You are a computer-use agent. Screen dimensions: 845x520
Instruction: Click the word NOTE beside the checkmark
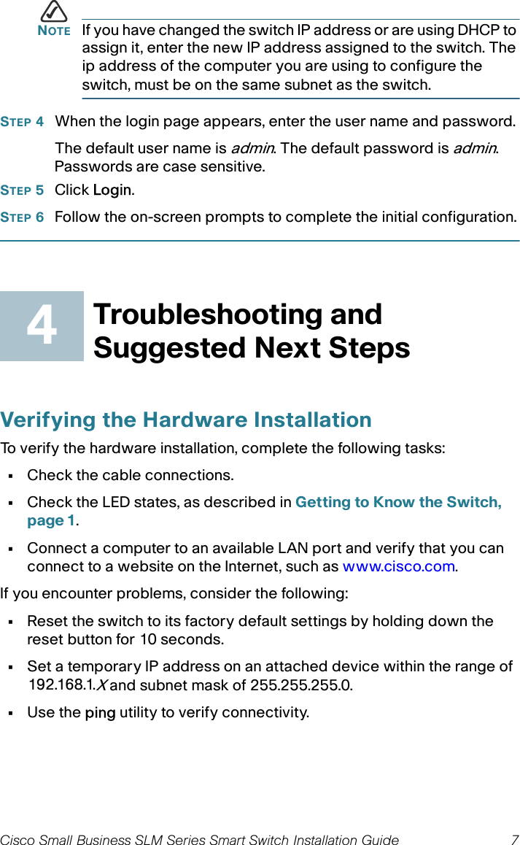click(x=53, y=31)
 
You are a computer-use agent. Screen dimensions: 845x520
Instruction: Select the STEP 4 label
click(x=22, y=121)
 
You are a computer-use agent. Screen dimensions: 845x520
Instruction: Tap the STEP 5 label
click(x=22, y=190)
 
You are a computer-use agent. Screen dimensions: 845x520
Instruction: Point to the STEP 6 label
click(x=22, y=217)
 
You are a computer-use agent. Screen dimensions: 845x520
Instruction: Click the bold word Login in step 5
click(x=112, y=190)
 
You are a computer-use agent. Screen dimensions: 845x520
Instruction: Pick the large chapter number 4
click(x=42, y=326)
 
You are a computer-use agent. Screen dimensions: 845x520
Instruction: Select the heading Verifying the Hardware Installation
click(x=186, y=420)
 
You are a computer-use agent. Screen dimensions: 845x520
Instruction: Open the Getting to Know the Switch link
click(x=397, y=502)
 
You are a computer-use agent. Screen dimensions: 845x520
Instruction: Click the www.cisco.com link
click(x=398, y=566)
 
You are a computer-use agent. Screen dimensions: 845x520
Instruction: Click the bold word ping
click(x=100, y=712)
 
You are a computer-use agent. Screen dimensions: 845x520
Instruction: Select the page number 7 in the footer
click(x=514, y=840)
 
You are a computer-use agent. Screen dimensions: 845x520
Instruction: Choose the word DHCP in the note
click(x=474, y=31)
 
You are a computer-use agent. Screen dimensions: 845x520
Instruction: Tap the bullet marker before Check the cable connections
click(x=11, y=476)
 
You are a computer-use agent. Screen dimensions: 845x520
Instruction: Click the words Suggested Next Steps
click(x=252, y=347)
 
